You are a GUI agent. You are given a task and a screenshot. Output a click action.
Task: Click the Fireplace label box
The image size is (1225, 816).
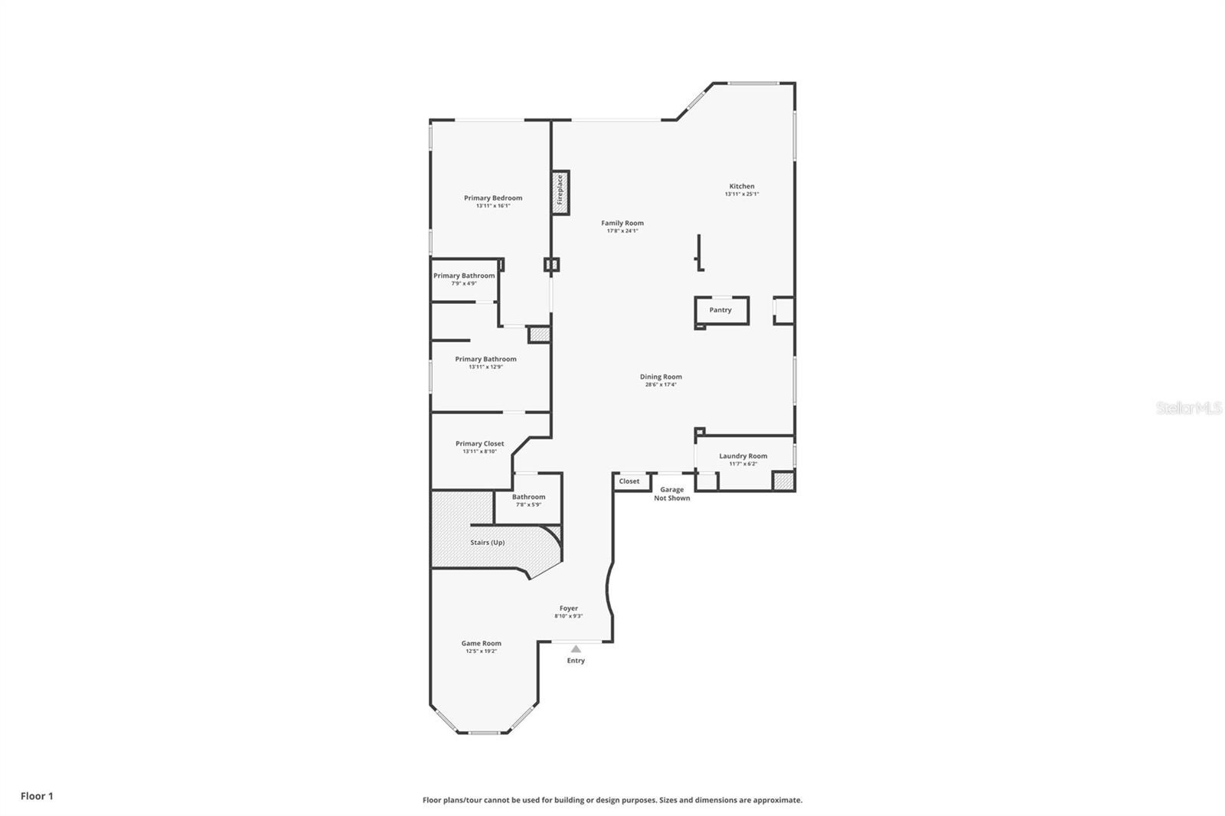click(x=560, y=192)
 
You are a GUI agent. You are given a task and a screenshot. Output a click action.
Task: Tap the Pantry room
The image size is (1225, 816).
click(x=720, y=310)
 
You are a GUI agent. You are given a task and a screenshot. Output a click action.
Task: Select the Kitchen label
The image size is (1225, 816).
click(x=741, y=186)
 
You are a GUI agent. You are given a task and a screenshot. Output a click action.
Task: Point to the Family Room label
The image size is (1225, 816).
click(x=622, y=223)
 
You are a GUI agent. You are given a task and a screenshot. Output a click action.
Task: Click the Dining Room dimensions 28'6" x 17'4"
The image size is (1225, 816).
click(x=661, y=385)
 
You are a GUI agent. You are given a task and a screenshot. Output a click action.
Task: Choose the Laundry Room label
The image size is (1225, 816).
click(x=743, y=455)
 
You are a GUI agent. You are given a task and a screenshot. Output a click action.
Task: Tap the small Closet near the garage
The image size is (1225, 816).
click(x=629, y=481)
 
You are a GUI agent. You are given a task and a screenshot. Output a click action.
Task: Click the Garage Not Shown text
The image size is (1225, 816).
click(x=671, y=494)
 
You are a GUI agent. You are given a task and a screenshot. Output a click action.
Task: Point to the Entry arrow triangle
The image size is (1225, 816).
click(x=576, y=649)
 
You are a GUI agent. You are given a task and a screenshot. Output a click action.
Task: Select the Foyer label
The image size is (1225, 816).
click(x=568, y=608)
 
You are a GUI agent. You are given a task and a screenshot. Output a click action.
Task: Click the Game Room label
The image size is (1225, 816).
click(x=481, y=643)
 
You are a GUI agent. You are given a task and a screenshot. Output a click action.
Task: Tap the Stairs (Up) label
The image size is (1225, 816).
click(x=487, y=542)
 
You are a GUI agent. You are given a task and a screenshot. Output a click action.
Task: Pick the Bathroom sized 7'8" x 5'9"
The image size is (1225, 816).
click(x=528, y=501)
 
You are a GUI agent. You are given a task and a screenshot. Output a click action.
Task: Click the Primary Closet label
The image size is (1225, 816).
click(x=479, y=443)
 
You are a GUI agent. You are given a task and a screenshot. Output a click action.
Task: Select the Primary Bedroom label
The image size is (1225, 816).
click(x=493, y=197)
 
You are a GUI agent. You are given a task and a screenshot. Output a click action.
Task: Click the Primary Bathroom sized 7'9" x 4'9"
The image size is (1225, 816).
click(x=464, y=279)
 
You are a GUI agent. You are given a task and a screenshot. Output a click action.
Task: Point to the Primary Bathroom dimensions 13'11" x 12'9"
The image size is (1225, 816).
click(x=485, y=367)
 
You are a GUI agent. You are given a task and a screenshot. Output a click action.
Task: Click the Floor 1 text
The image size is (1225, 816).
click(x=37, y=796)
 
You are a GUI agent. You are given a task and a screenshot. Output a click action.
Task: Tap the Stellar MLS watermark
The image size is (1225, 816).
click(x=1188, y=408)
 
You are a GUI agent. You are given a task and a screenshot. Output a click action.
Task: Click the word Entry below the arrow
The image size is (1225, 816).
click(x=576, y=661)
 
